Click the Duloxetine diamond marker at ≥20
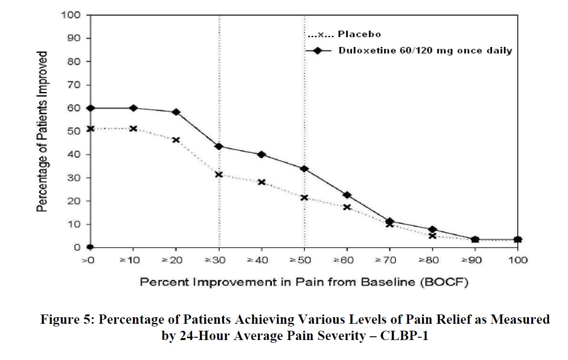coord(176,112)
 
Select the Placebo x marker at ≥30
coord(219,175)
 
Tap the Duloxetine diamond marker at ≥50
coord(304,169)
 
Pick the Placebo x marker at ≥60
coord(347,207)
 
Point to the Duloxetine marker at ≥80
coord(433,229)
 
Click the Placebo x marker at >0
coord(91,129)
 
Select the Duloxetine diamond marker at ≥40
coord(262,155)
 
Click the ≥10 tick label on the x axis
coord(133,261)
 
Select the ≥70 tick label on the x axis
coord(390,261)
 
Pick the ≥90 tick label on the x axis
coord(475,261)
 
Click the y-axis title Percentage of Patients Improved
coord(42,131)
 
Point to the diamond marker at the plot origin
coord(91,247)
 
